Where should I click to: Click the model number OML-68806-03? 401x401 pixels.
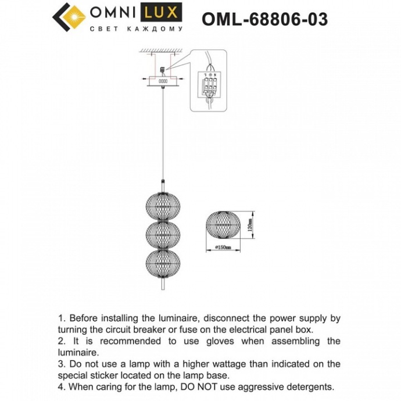coord(264,20)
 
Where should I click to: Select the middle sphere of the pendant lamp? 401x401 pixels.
coord(161,234)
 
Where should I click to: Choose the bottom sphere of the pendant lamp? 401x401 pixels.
coord(161,263)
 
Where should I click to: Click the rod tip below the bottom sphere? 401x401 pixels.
coord(161,286)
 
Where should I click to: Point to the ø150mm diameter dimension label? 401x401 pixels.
coord(222,248)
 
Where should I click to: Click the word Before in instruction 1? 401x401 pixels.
coord(85,318)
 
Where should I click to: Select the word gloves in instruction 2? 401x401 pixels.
coord(240,341)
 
